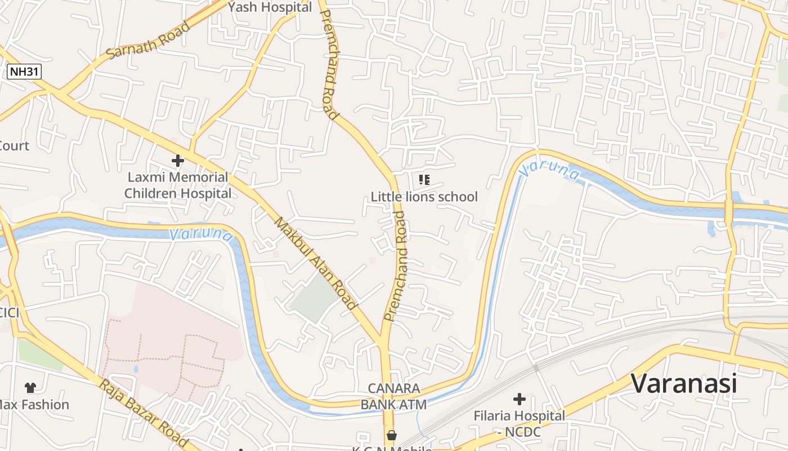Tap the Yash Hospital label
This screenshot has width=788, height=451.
270,7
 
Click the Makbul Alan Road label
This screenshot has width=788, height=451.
316,263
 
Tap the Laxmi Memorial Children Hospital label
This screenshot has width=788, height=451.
178,185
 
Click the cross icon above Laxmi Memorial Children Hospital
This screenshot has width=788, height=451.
178,161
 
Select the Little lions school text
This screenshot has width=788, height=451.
424,197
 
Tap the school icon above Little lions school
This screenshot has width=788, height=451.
424,180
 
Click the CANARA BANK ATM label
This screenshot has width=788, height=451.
393,396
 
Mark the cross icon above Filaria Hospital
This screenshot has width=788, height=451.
519,400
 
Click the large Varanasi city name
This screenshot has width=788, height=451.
683,383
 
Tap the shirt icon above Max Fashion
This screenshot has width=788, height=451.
30,387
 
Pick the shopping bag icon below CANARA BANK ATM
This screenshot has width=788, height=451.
391,435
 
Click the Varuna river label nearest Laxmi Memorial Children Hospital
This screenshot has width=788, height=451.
200,233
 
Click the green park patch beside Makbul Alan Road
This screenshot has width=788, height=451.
314,298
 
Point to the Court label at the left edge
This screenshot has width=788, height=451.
14,146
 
